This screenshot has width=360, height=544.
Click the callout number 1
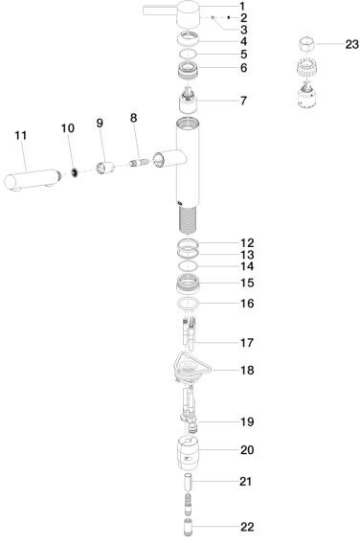pos(242,7)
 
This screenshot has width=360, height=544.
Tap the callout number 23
pos(351,44)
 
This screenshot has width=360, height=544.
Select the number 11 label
pos(21,135)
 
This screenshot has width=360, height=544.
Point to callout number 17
pos(247,343)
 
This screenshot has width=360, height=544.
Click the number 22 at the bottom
pos(247,527)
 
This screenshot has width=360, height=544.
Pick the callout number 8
pos(133,118)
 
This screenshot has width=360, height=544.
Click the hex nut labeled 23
pos(306,44)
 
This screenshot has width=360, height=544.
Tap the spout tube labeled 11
pos(33,180)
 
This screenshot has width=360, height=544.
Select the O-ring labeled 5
pos(188,54)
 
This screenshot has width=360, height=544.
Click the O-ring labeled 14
pos(188,265)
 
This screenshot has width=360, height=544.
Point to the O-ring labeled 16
pos(188,304)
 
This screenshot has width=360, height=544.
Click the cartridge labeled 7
pos(188,101)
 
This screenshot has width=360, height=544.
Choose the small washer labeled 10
pos(74,172)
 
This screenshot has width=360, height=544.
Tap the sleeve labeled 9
pos(104,169)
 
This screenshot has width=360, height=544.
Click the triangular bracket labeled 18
pos(191,368)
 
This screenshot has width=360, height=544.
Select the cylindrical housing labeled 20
pos(188,452)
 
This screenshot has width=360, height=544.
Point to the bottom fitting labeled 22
pos(188,528)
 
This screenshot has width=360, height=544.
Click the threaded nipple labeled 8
pos(139,162)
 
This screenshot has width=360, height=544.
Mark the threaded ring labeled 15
pos(188,283)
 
